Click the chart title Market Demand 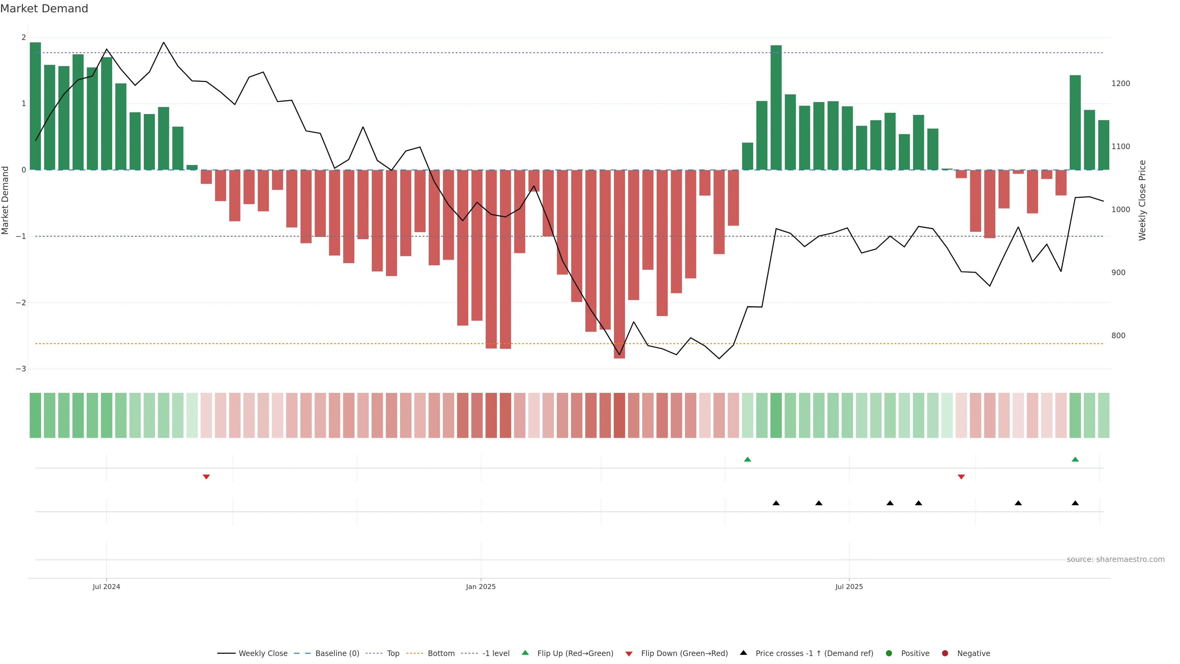point(44,9)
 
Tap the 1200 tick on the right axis point(1120,83)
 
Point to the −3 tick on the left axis point(21,369)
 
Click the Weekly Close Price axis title point(1142,200)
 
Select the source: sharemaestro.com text point(1115,559)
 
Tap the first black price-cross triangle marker point(776,503)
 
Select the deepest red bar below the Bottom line point(619,264)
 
